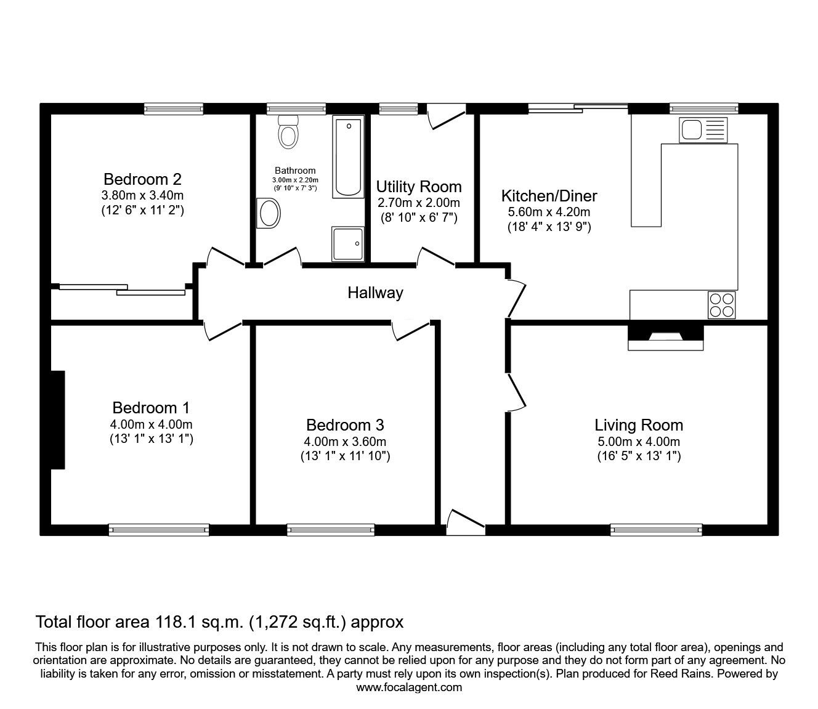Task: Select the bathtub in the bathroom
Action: click(x=348, y=156)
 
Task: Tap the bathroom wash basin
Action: click(x=269, y=213)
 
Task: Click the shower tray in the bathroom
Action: click(x=347, y=244)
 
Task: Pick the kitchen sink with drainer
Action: click(x=703, y=130)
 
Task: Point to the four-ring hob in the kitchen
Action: click(x=722, y=305)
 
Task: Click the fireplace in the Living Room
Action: click(x=666, y=338)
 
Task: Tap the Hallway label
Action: click(x=375, y=293)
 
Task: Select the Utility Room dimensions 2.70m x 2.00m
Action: click(x=419, y=203)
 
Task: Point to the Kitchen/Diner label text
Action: click(x=549, y=195)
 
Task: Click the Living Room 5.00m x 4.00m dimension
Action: click(x=639, y=442)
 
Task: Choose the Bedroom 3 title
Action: click(x=345, y=425)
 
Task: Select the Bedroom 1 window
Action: click(x=159, y=530)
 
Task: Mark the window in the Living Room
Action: click(x=656, y=530)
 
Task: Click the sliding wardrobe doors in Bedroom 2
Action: click(x=123, y=290)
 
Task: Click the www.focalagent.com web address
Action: click(x=409, y=687)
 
